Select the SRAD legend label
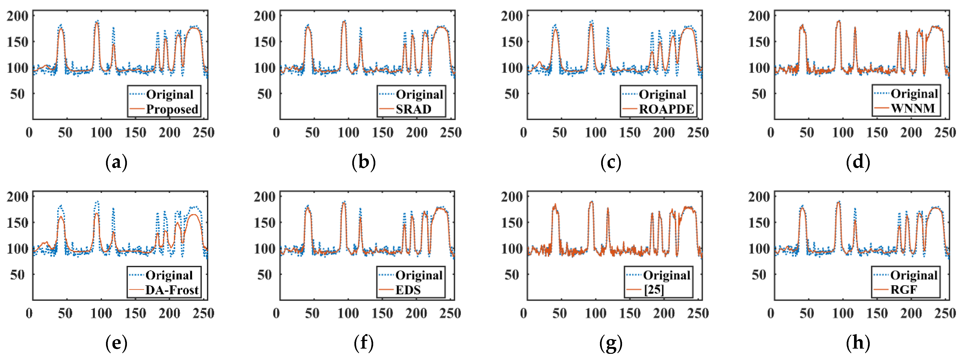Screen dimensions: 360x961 click(x=413, y=109)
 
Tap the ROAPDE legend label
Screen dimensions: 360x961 click(x=666, y=109)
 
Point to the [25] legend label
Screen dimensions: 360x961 click(x=654, y=290)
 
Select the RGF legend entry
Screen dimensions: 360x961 click(x=903, y=290)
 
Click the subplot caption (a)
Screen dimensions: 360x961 click(x=116, y=163)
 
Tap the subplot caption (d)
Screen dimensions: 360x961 click(x=858, y=163)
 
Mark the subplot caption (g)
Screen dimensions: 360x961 click(x=611, y=343)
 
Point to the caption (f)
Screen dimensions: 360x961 click(x=363, y=343)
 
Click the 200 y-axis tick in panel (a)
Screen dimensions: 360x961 click(x=18, y=16)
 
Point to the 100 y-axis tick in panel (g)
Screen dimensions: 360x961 click(x=512, y=249)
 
